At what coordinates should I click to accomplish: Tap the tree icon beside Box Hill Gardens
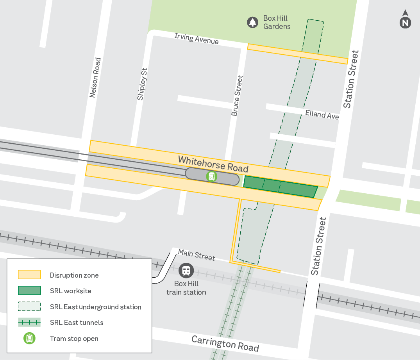pos(252,22)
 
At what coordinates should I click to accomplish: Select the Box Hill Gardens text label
pos(277,22)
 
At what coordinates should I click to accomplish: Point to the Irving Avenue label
pos(197,38)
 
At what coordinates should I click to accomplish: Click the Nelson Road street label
pos(95,78)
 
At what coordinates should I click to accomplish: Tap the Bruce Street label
pos(237,96)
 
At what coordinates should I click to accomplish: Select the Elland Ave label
pos(322,115)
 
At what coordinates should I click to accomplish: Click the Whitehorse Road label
pos(213,164)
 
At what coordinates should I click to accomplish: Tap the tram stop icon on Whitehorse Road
pos(211,176)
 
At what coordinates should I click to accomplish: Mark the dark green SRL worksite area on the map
pos(280,186)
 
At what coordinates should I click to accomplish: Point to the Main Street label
pos(196,255)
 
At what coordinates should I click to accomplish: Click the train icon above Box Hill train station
pos(186,271)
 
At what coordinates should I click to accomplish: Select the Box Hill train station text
pos(186,288)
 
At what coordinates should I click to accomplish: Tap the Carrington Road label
pos(225,343)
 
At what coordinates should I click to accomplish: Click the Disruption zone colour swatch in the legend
pos(29,275)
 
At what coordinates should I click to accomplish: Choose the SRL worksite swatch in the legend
pos(29,291)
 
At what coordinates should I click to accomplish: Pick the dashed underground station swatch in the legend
pos(29,307)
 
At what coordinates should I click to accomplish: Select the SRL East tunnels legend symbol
pos(29,323)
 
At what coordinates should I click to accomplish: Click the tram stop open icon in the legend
pos(29,338)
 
